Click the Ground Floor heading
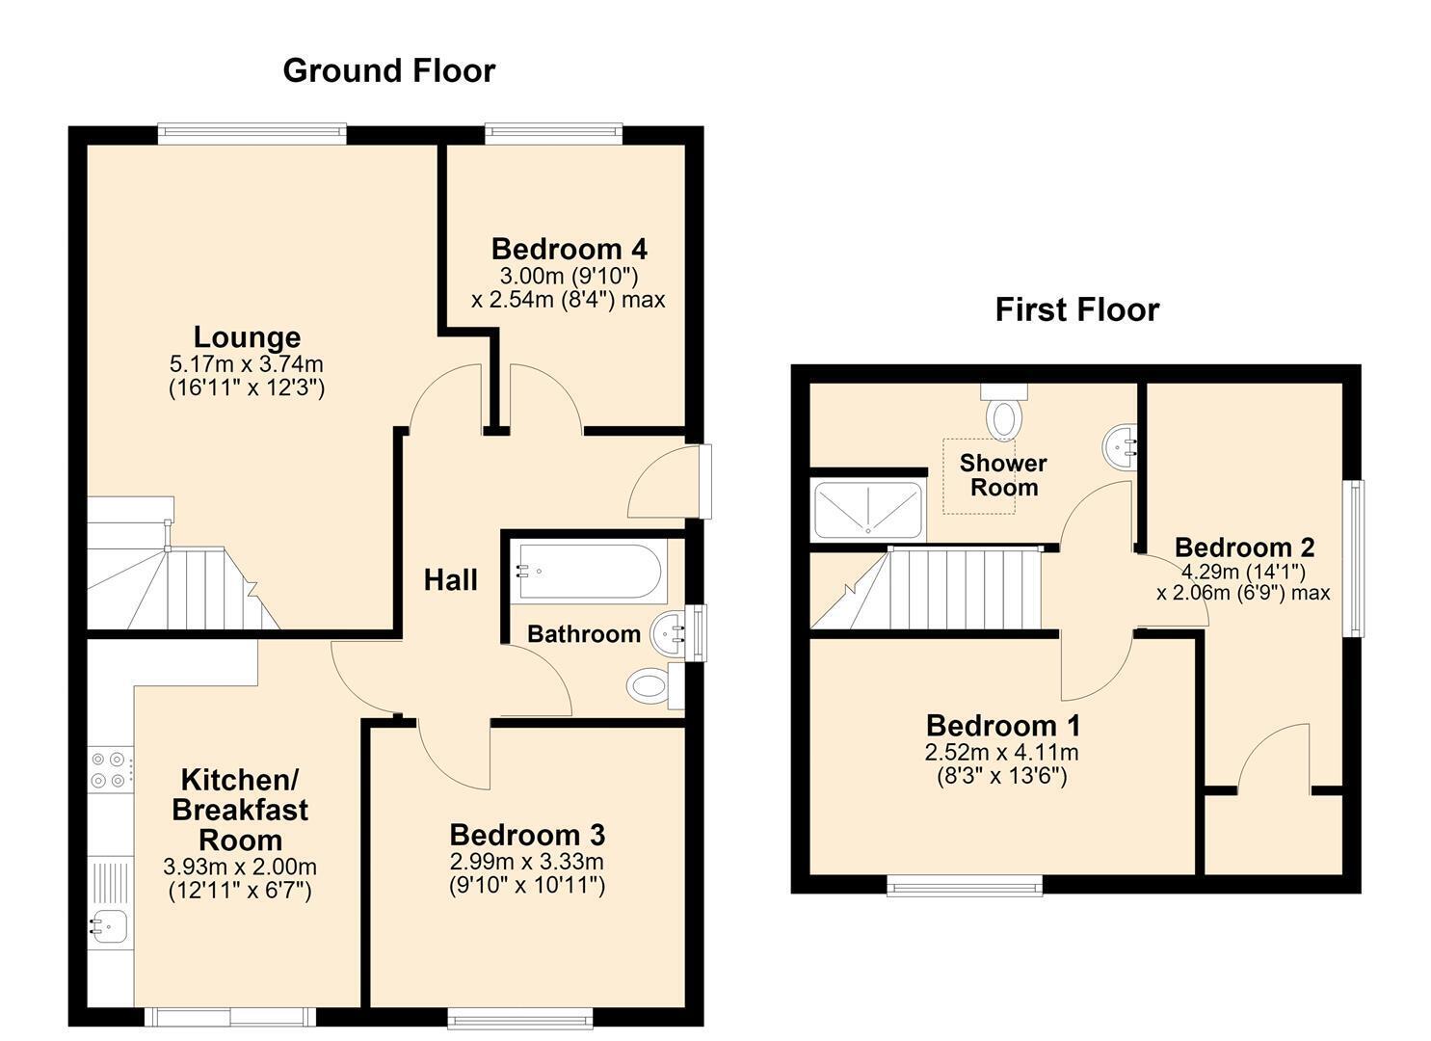(x=389, y=71)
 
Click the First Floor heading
(x=1077, y=310)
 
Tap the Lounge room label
(x=247, y=336)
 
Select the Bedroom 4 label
(x=570, y=250)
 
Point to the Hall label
(x=450, y=580)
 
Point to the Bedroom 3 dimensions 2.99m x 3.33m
(x=526, y=862)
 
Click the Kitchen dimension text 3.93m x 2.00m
(x=240, y=867)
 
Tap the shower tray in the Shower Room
(x=868, y=510)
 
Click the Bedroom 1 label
(x=1003, y=726)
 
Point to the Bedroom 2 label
(x=1244, y=547)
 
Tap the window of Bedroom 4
(x=553, y=134)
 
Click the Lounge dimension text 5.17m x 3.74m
(x=247, y=364)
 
